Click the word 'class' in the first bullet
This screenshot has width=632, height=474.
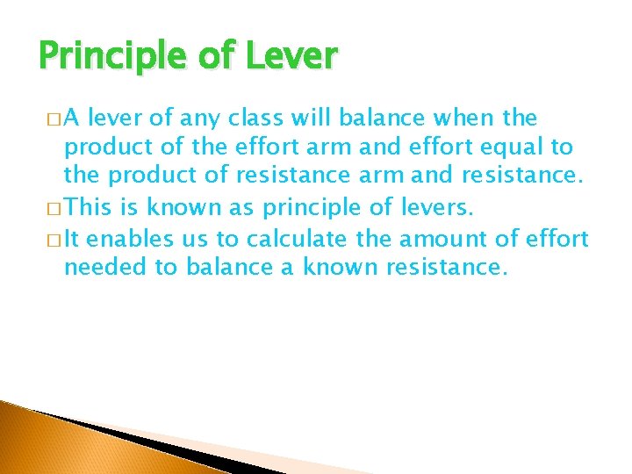coord(264,118)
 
